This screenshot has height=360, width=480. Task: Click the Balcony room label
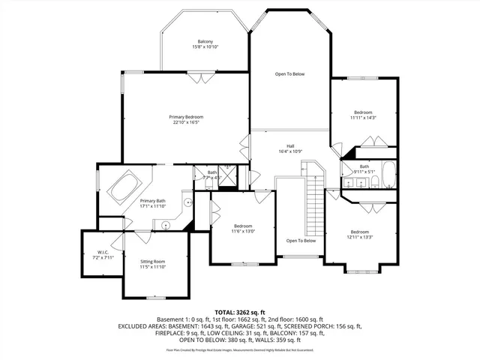tap(205, 41)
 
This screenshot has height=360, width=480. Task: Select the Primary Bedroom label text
tap(186, 116)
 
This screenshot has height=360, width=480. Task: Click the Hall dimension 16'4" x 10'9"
tap(289, 152)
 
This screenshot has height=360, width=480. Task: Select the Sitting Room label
tap(152, 260)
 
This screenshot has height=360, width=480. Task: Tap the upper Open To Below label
tap(289, 74)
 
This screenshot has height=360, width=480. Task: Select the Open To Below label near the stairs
tap(301, 241)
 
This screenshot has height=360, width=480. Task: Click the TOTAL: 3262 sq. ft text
tap(240, 311)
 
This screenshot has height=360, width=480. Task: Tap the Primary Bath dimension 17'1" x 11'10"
tap(152, 206)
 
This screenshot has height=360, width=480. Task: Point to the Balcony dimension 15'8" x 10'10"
tap(205, 47)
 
